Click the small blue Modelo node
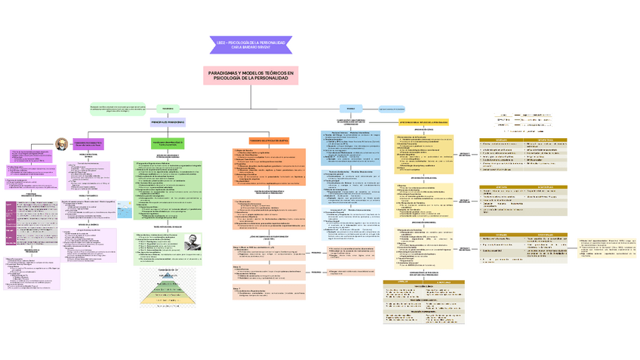point(349,109)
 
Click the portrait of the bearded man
point(60,143)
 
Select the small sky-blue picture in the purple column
point(124,213)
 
